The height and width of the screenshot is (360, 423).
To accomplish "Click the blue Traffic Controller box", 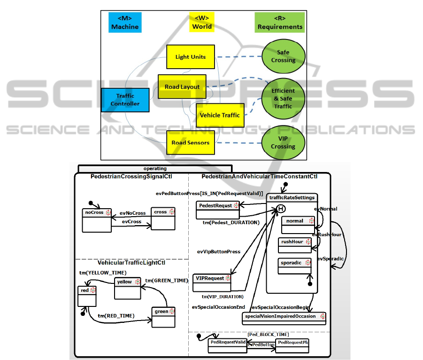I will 125,100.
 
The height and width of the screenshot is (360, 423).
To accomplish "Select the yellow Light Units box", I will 190,57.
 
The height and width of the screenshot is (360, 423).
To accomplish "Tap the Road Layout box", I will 182,86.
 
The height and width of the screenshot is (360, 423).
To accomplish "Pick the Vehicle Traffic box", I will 220,115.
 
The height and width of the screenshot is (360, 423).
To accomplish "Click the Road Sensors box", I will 190,142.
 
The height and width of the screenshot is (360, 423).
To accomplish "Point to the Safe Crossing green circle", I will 283,56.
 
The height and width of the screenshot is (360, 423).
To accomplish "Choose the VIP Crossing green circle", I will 283,142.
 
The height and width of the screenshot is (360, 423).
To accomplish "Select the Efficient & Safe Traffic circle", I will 283,98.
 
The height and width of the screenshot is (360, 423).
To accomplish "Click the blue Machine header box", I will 125,23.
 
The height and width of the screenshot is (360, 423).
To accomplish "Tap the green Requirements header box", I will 280,23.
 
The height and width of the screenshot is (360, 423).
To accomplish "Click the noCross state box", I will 97,220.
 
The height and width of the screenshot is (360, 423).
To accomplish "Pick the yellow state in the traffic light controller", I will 127,288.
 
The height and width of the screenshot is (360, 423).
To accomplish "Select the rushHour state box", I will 295,245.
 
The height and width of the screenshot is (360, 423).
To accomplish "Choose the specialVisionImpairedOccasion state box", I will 285,317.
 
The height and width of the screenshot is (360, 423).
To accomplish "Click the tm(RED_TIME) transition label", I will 116,316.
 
